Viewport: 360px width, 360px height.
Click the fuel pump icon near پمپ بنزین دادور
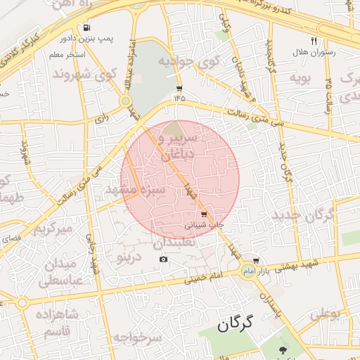coord(86,29)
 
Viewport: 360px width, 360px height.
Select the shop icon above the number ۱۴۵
coord(179,89)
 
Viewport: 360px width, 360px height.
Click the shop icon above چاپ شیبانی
coord(204,213)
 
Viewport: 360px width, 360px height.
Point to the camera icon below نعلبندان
coord(163,259)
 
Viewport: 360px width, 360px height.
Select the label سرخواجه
coord(141,338)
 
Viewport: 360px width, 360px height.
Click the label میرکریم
coord(54,229)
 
